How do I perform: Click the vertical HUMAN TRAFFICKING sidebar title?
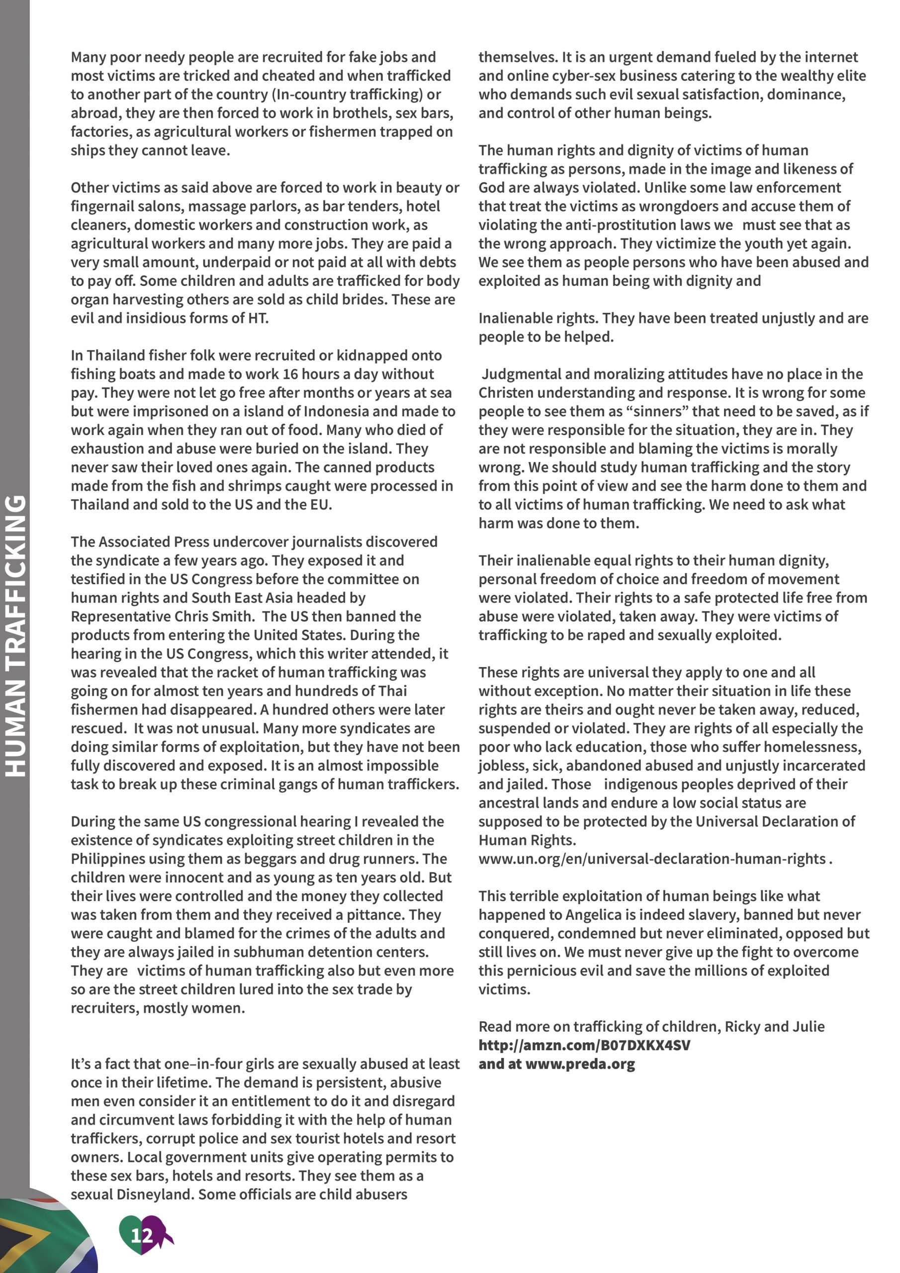click(15, 636)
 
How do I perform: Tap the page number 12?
click(141, 1235)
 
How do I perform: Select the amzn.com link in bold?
click(584, 1045)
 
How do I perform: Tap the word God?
click(491, 187)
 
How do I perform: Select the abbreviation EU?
click(319, 505)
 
